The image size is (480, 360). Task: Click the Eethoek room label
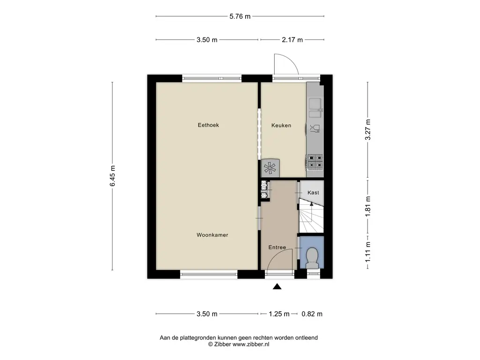click(208, 125)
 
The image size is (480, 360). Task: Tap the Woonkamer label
click(212, 235)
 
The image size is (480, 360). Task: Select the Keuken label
click(281, 125)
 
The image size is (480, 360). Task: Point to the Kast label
click(313, 193)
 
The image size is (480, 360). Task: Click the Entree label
click(277, 247)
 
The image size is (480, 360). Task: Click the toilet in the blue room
click(312, 257)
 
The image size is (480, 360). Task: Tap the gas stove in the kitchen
click(315, 162)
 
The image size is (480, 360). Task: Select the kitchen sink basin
click(315, 104)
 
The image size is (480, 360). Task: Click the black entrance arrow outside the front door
click(277, 286)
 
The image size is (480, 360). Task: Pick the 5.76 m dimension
click(240, 16)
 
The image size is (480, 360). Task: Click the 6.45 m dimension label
click(112, 176)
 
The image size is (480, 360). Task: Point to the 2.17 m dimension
click(292, 40)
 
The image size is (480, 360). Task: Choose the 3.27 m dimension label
click(367, 130)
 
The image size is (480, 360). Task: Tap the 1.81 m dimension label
click(367, 207)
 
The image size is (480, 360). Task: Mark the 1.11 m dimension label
click(367, 252)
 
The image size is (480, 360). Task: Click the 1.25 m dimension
click(279, 314)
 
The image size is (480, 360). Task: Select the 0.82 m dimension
click(312, 314)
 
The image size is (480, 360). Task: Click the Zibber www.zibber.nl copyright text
click(239, 344)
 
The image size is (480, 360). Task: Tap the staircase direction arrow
click(311, 211)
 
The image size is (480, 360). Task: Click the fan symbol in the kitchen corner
click(270, 168)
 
